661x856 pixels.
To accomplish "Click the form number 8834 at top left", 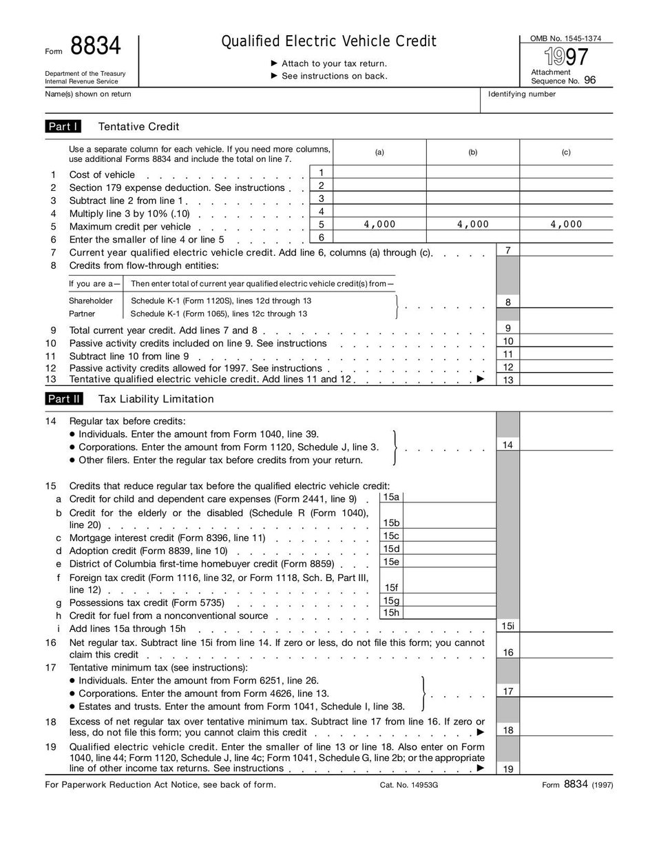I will tap(96, 47).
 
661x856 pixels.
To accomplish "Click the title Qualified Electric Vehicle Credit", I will tap(328, 41).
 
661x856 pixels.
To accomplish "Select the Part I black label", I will tap(63, 126).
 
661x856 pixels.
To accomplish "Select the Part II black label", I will tap(64, 399).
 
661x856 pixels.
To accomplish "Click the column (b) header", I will tap(472, 152).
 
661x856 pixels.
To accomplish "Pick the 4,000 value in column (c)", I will tap(566, 224).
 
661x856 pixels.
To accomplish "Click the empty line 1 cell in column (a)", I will tap(379, 172).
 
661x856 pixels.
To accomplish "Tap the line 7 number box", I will tap(507, 251).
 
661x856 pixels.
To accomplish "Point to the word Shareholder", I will tap(90, 300).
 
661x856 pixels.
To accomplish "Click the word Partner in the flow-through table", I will tap(82, 314).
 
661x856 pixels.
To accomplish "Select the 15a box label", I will tap(391, 497).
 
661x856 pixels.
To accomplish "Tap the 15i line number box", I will tap(507, 626).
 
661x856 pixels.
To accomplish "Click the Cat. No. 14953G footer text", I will tap(408, 785).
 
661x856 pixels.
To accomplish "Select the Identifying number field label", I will tap(521, 94).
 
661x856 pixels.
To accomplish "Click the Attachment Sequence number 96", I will tap(589, 81).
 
